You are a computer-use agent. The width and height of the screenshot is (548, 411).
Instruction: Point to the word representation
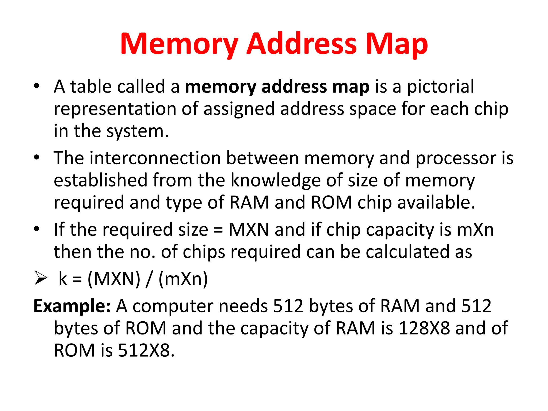point(115,109)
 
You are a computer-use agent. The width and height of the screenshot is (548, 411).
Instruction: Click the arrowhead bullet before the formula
point(41,278)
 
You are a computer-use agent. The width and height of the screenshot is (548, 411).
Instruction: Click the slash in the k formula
point(149,279)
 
